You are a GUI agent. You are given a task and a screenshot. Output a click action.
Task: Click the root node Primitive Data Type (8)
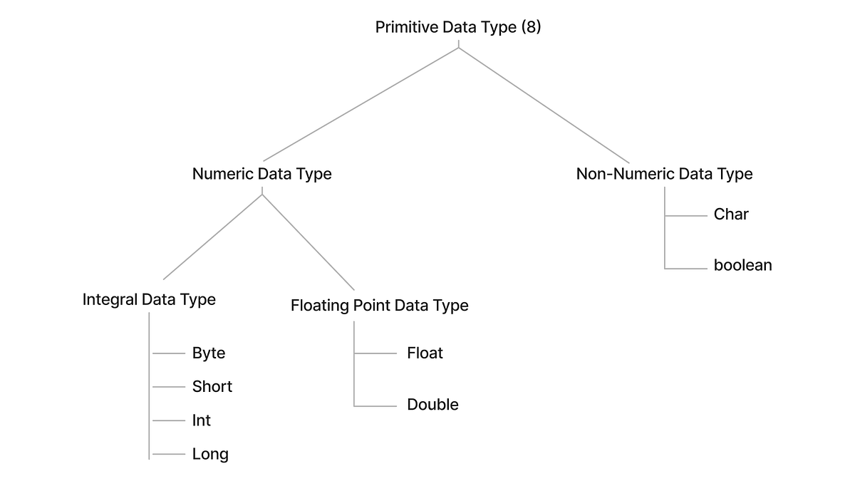457,28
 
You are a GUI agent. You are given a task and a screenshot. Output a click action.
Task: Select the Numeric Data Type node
261,174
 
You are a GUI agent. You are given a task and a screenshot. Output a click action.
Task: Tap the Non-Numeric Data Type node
664,174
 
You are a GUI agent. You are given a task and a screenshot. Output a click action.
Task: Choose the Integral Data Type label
149,299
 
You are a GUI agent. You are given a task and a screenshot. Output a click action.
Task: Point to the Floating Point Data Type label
379,306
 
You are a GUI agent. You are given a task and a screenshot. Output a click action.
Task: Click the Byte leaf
208,353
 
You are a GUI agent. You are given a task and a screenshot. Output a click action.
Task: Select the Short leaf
212,387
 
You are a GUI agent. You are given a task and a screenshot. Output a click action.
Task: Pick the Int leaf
201,421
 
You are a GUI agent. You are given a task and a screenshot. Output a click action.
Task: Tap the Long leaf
210,455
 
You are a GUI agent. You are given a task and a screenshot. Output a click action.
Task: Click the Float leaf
425,353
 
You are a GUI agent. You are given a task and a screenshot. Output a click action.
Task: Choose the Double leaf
432,405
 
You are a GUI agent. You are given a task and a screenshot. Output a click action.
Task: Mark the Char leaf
731,214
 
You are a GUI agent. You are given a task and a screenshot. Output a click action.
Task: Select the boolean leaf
742,265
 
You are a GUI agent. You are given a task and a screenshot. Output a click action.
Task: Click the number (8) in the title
531,28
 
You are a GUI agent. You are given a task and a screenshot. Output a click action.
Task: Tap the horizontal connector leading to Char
685,214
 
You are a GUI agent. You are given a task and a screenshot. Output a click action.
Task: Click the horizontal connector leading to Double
375,405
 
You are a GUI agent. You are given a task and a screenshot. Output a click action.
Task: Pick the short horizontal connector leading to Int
169,421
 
